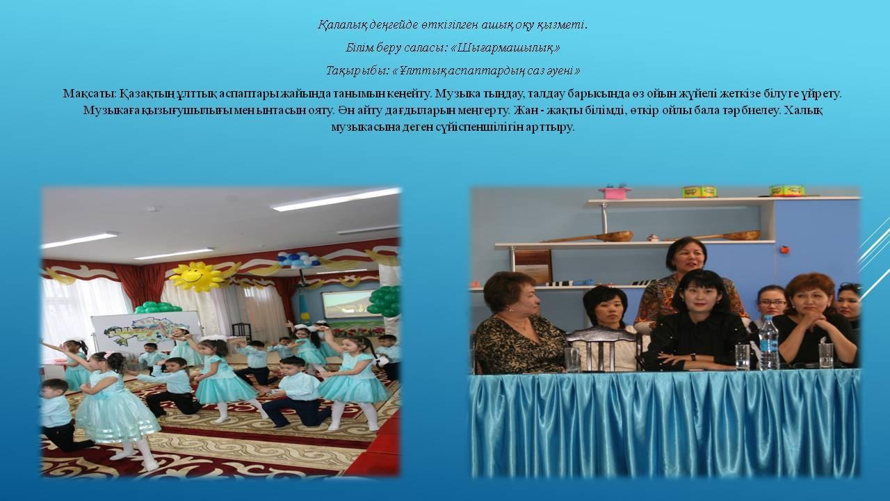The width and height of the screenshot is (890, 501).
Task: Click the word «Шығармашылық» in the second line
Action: coord(505,49)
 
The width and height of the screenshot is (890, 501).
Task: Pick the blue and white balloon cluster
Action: coord(298,259)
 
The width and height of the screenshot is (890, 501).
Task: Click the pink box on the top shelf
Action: coord(614,192)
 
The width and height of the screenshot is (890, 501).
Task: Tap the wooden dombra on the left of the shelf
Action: coord(587,237)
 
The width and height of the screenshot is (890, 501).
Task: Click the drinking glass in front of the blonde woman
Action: coord(572,360)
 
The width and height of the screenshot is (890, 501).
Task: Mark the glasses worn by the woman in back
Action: coord(772,303)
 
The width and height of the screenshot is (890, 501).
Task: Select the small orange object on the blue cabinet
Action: coord(784,250)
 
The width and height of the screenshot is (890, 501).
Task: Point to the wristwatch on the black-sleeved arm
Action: coord(693,357)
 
